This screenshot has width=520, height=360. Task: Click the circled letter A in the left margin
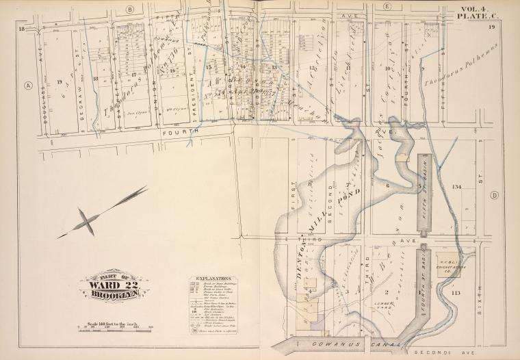click(28, 86)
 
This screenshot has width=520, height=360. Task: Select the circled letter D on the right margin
click(494, 195)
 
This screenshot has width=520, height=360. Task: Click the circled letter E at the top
click(387, 7)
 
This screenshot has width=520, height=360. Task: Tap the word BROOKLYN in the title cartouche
click(114, 295)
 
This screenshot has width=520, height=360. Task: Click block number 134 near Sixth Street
click(457, 187)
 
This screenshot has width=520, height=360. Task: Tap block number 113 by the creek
click(456, 292)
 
